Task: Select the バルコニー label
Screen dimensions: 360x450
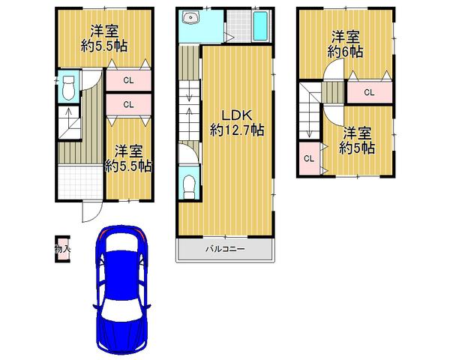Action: pos(226,248)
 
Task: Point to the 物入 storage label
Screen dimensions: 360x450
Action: pos(62,247)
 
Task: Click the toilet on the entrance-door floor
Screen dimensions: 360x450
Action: pos(66,88)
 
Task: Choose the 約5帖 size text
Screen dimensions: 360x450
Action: pos(357,148)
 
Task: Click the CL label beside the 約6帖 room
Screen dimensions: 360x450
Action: pos(368,93)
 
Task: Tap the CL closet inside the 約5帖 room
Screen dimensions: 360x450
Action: pos(307,159)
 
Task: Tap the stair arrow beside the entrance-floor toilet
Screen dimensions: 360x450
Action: pos(65,118)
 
